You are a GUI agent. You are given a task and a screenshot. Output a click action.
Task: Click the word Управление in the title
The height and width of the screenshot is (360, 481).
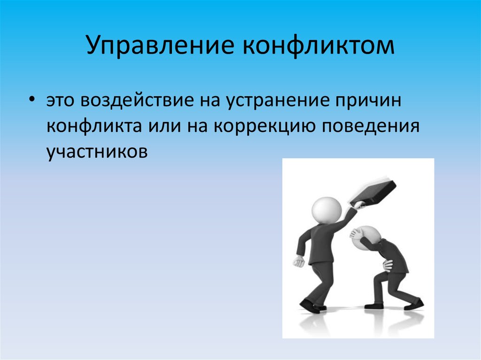click(x=160, y=45)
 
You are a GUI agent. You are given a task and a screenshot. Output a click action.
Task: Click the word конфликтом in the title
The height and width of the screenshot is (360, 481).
click(x=318, y=45)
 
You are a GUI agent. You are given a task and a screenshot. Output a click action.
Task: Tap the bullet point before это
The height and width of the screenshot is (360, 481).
click(x=31, y=100)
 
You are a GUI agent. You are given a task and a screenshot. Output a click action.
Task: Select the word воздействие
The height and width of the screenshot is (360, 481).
click(x=138, y=100)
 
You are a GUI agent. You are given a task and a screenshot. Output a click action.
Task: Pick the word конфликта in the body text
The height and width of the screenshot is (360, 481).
click(x=94, y=126)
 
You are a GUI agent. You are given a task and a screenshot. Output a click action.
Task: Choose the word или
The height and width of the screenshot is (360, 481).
click(x=165, y=126)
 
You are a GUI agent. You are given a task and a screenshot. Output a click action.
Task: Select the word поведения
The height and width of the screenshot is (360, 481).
click(x=371, y=126)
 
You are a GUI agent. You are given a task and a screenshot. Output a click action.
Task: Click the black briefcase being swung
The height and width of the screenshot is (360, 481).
click(x=373, y=192)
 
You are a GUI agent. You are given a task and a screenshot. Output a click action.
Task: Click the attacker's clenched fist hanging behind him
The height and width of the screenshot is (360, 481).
click(x=298, y=261)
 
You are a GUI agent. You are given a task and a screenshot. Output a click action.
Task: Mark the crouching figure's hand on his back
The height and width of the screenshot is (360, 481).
click(x=388, y=265)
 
